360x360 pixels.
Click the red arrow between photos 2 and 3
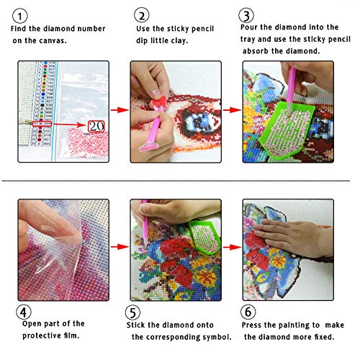click(230, 110)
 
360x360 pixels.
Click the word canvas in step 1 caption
click(87, 40)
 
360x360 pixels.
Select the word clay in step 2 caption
click(189, 40)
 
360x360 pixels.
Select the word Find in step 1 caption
click(22, 29)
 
